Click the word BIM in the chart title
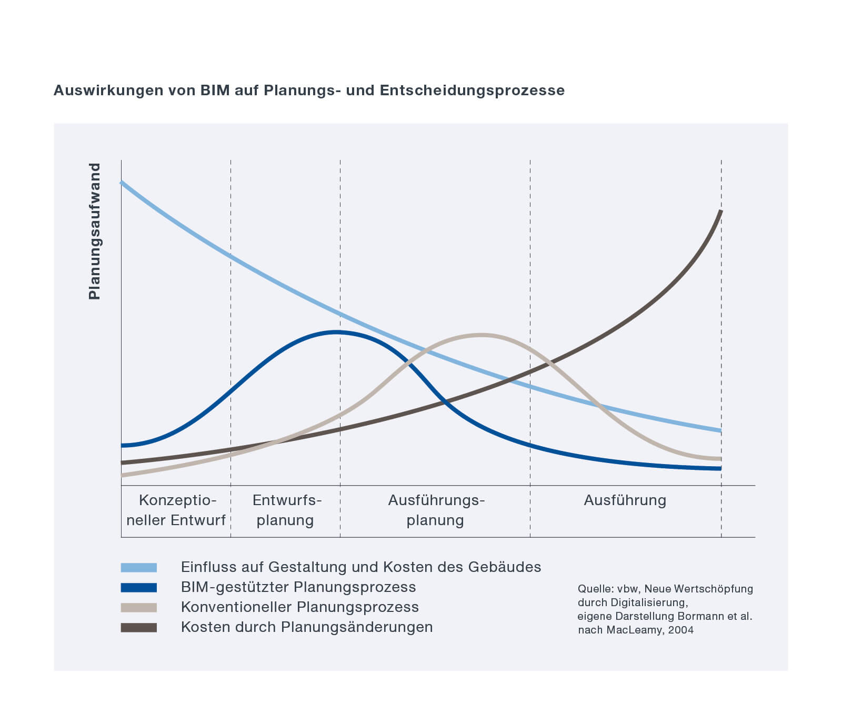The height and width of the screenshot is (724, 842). click(215, 91)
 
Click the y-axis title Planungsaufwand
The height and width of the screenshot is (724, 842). click(94, 231)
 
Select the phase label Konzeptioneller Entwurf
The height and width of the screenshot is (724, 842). click(176, 510)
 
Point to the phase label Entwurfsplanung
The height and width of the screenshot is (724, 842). click(286, 510)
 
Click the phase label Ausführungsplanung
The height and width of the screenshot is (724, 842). click(436, 510)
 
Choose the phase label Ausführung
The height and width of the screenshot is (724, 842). click(625, 500)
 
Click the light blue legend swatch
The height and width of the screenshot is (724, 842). click(139, 567)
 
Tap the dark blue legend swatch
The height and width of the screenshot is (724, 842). click(139, 587)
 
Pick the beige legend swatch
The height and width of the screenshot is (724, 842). click(139, 607)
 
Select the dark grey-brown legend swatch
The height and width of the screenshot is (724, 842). click(139, 627)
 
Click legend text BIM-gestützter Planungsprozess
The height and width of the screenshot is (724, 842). click(298, 587)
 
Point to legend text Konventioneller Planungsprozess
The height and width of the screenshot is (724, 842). click(300, 607)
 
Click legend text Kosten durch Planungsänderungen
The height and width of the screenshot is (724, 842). click(307, 627)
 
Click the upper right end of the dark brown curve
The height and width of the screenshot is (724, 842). click(720, 212)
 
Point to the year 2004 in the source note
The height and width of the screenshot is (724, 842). click(681, 630)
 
